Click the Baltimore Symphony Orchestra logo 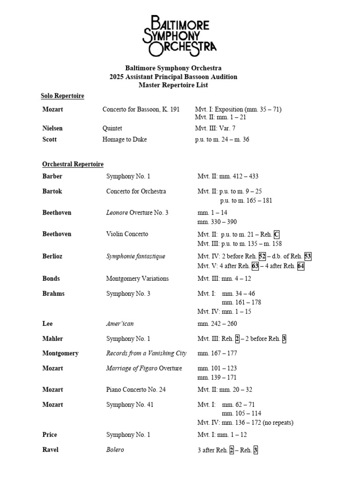(180, 36)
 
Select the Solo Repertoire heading (62, 96)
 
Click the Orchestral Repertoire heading (73, 165)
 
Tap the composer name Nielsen (52, 128)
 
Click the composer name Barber (52, 177)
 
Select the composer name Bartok (52, 192)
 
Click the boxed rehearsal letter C (277, 234)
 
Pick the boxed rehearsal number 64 (301, 266)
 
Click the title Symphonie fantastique (135, 256)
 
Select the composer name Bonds (51, 278)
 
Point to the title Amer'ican (120, 324)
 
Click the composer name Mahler (52, 339)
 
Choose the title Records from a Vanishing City (146, 353)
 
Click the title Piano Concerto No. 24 (136, 390)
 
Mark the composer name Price (50, 435)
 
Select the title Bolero (115, 450)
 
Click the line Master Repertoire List (173, 85)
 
